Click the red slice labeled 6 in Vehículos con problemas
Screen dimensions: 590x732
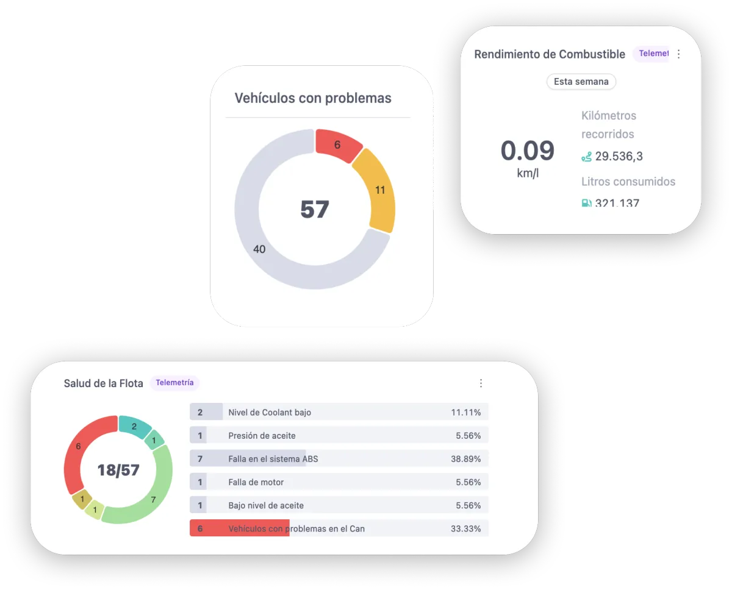(337, 146)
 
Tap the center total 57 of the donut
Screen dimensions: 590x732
(315, 210)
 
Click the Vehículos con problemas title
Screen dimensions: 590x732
(313, 98)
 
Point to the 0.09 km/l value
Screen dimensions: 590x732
(528, 152)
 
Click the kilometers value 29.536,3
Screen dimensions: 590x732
(619, 156)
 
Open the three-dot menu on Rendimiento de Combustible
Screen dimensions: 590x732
(678, 54)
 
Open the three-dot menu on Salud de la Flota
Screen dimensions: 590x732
(481, 383)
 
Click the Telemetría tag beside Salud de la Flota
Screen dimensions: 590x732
(174, 383)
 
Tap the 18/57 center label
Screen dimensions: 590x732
(118, 470)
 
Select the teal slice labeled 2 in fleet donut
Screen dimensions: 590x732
(134, 427)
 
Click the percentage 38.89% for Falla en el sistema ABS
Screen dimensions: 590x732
(465, 459)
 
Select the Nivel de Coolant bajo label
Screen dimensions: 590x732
(270, 413)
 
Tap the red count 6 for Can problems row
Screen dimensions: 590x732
(200, 528)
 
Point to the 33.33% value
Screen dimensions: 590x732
(465, 528)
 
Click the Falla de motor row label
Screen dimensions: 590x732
(256, 482)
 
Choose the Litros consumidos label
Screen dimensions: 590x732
(628, 182)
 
